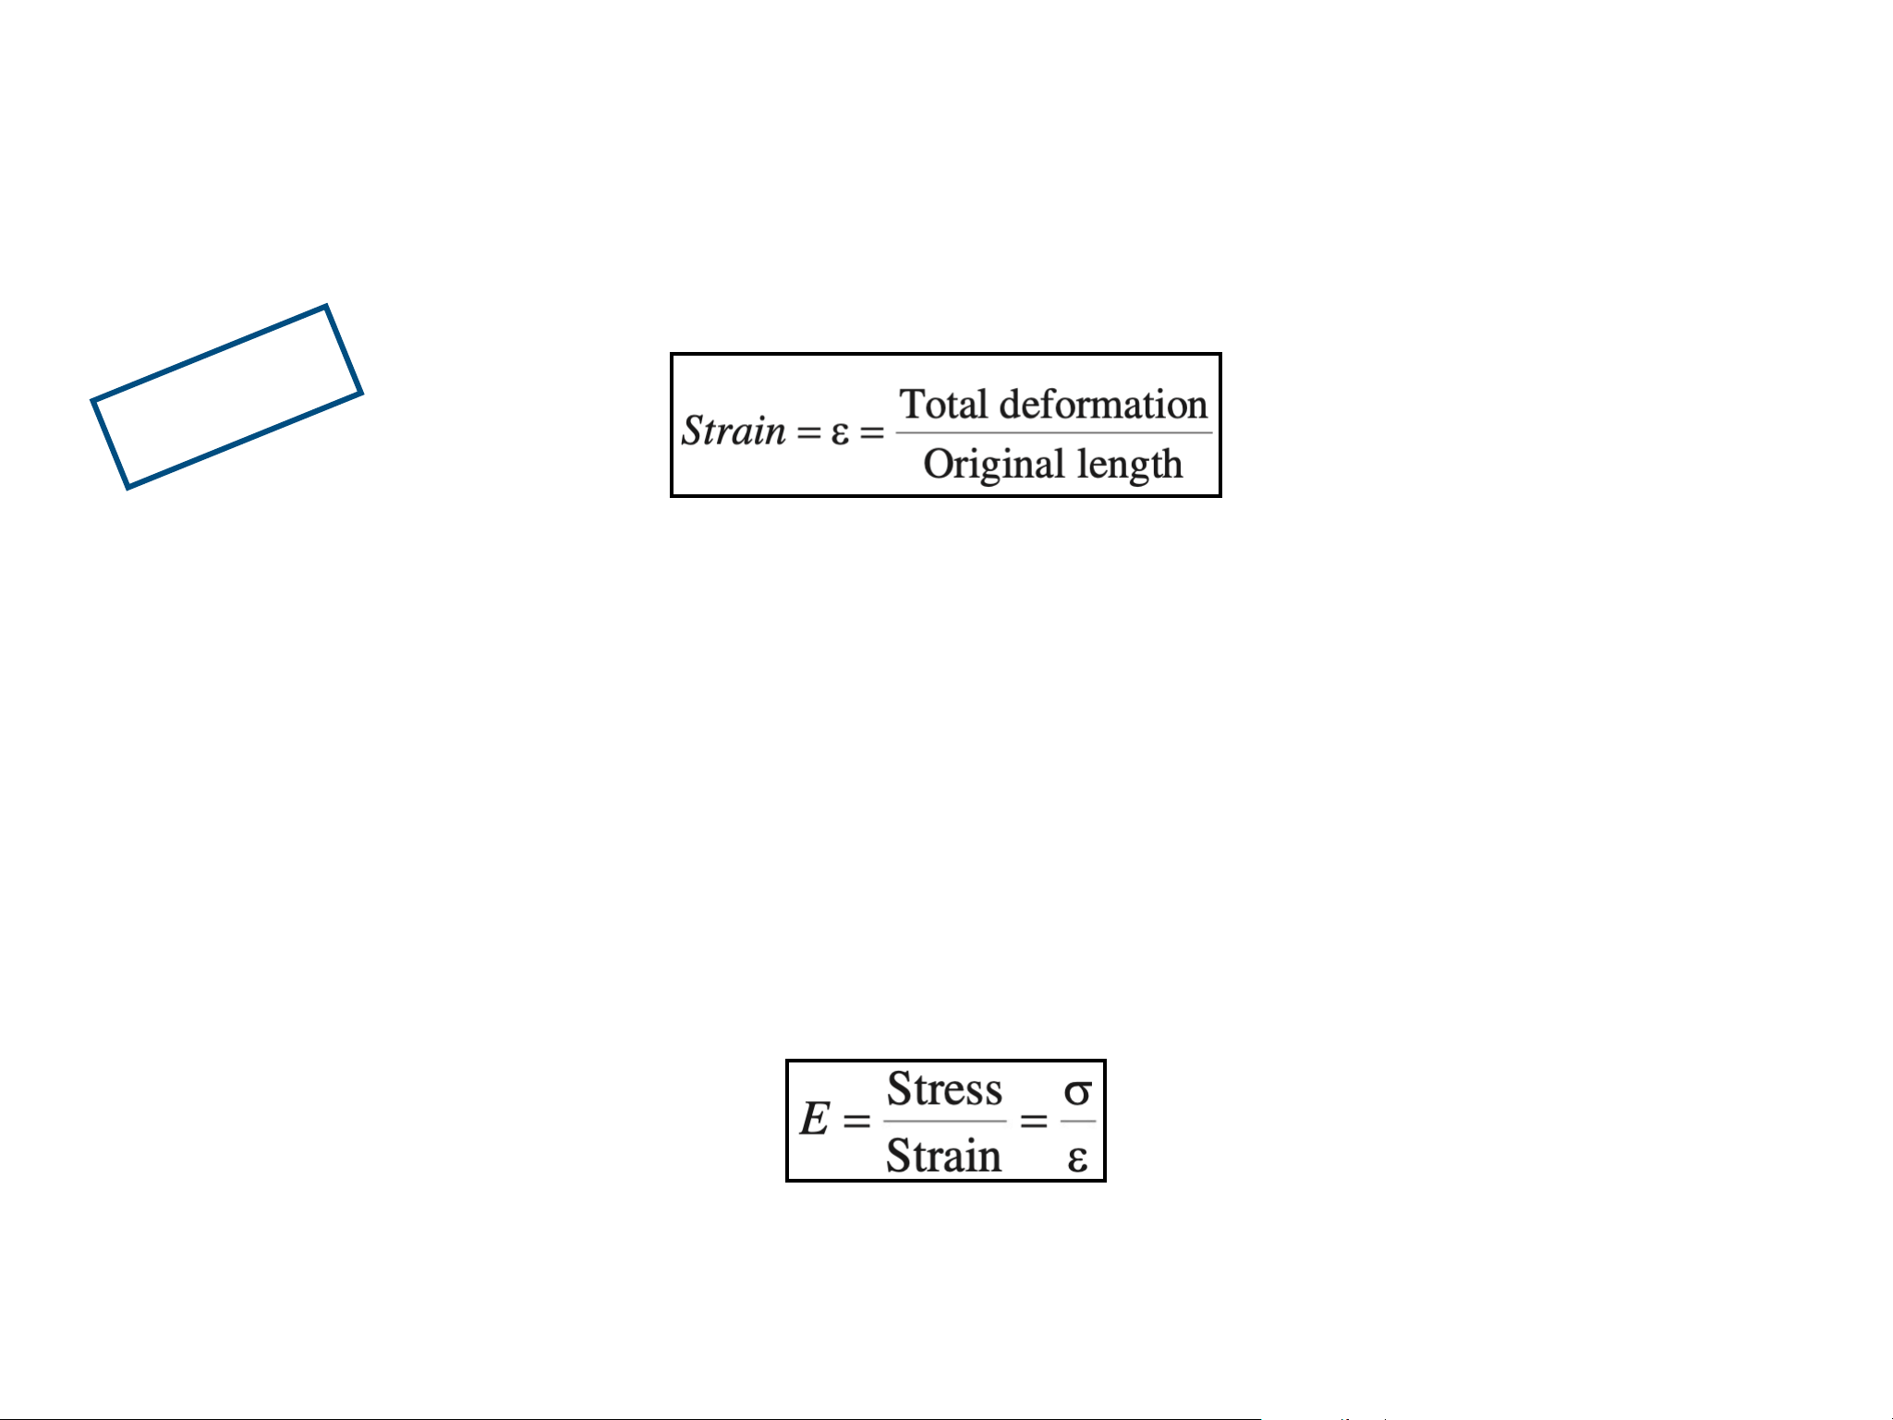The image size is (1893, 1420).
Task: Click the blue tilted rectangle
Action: (x=226, y=396)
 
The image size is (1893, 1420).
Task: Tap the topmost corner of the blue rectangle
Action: (x=325, y=307)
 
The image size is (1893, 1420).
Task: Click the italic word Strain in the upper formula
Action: (x=734, y=431)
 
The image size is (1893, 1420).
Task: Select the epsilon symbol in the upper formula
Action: (x=839, y=432)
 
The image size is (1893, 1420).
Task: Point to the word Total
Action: (x=943, y=405)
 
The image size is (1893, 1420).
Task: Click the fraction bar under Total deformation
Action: (x=1053, y=432)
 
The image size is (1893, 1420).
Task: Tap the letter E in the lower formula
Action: (x=814, y=1120)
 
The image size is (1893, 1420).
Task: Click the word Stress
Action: (x=944, y=1089)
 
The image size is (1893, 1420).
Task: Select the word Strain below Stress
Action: (x=943, y=1156)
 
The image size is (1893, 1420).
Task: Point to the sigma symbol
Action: (x=1077, y=1092)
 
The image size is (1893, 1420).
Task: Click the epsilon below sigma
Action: (x=1077, y=1158)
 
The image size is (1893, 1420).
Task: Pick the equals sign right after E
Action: (x=856, y=1121)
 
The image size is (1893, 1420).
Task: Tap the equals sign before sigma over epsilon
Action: (x=1033, y=1121)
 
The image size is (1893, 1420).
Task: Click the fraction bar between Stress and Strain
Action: (x=944, y=1122)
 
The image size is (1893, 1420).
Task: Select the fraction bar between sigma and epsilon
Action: (x=1077, y=1122)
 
